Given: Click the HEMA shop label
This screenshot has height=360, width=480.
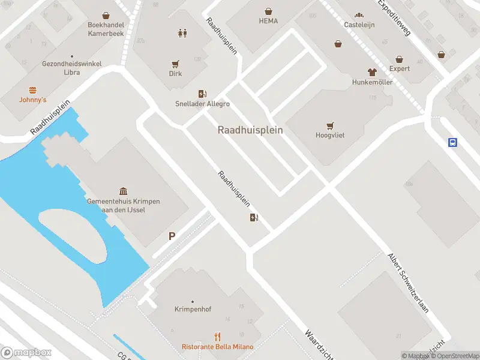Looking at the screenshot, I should click(x=268, y=21).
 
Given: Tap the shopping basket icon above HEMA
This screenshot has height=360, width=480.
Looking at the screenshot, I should click(x=268, y=11).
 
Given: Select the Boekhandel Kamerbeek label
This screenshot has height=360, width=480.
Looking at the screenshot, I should click(x=106, y=29).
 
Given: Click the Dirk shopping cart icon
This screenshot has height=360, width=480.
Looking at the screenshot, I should click(x=175, y=64).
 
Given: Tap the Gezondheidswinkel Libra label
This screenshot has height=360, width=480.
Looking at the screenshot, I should click(x=71, y=68).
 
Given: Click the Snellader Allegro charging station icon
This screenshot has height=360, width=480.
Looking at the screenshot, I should click(x=202, y=94).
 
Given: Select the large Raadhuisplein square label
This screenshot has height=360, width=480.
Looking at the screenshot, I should click(x=250, y=130).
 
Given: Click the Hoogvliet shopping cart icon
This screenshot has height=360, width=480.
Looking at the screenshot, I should click(x=330, y=126).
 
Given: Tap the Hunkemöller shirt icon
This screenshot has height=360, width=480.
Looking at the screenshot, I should click(x=372, y=72).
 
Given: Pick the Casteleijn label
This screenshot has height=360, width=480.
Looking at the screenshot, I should click(x=359, y=25).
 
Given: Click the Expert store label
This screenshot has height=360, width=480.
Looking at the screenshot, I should click(x=400, y=68).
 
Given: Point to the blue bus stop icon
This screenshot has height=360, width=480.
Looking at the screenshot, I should click(x=452, y=142).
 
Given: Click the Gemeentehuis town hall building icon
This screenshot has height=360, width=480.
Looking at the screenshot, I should click(x=123, y=191).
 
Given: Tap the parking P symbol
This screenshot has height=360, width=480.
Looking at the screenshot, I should click(x=172, y=236).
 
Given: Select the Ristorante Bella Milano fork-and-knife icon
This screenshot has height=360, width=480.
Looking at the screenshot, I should click(x=218, y=337).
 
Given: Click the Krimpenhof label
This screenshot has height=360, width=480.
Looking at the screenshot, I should click(x=192, y=310).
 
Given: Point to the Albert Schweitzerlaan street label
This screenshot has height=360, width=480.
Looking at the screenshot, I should click(x=409, y=282).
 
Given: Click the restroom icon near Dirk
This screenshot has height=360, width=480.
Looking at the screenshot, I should click(x=182, y=33).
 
